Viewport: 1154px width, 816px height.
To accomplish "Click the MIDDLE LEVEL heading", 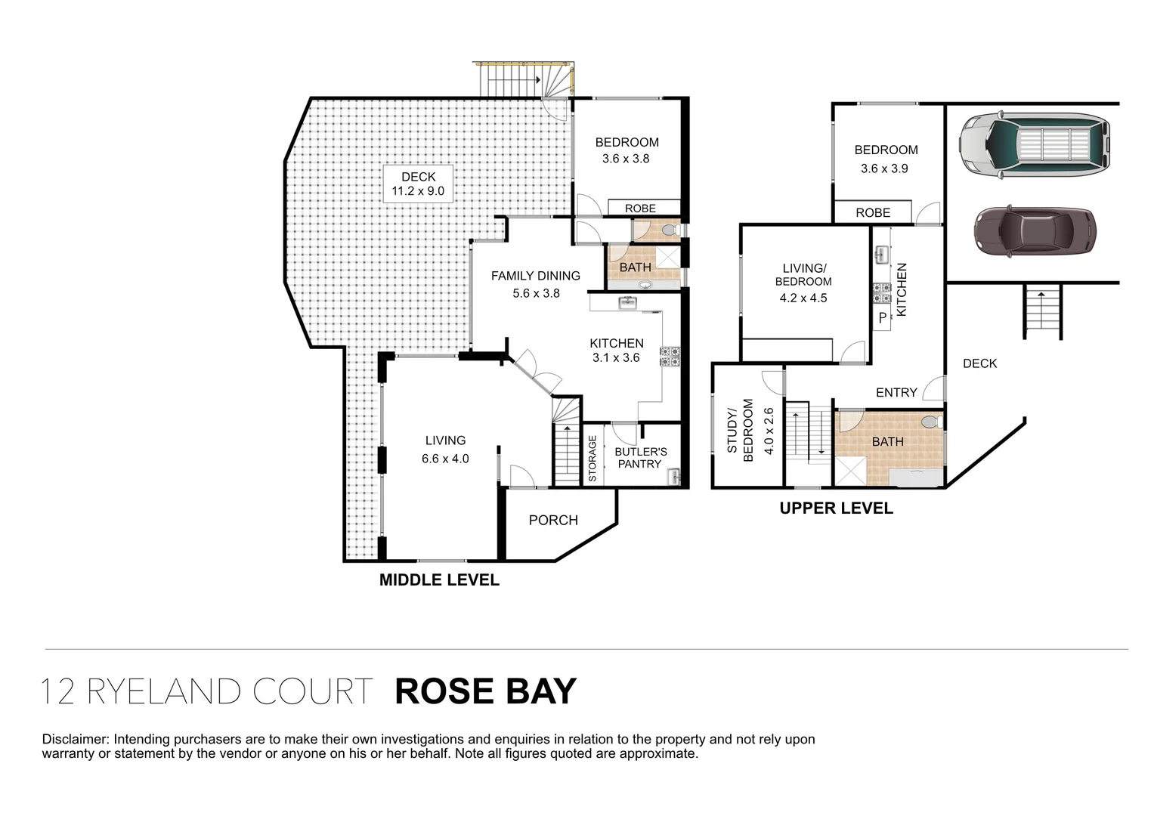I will (438, 580).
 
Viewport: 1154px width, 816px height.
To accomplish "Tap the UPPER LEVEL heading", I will (836, 508).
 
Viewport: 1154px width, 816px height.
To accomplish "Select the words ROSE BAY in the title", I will (485, 691).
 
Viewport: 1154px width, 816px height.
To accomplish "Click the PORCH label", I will (553, 521).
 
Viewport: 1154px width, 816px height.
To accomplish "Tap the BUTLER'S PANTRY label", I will (640, 458).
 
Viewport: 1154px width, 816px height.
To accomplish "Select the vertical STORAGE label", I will (592, 459).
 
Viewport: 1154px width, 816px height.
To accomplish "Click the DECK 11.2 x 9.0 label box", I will (418, 184).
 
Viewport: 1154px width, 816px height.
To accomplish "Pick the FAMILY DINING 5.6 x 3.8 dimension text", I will (536, 293).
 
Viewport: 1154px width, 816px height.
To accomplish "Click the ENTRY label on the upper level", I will (896, 392).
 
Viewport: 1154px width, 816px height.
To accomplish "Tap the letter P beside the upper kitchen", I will (882, 319).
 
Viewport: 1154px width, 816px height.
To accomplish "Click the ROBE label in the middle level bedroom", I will (640, 209).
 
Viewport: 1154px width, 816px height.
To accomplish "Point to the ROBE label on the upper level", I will (873, 213).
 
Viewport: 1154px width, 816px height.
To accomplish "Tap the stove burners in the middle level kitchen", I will (670, 356).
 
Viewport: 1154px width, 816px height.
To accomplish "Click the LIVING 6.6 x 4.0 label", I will (445, 449).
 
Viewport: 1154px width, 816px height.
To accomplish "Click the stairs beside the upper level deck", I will (1043, 311).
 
